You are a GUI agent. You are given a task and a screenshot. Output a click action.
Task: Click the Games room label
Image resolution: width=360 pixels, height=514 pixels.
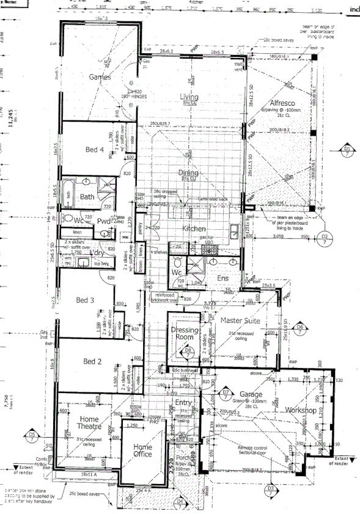coord(99,77)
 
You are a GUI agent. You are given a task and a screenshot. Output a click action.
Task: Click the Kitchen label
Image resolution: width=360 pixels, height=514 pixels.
coord(194,229)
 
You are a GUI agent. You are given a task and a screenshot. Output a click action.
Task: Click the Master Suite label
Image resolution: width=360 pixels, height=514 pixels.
coord(240,320)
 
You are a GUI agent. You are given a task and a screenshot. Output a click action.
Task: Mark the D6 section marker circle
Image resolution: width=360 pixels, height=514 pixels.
coord(299,328)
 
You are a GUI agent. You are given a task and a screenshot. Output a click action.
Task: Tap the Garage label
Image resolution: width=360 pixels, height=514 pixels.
coord(251,394)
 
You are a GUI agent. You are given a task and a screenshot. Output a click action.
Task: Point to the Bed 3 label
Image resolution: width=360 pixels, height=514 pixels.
coord(84,300)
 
